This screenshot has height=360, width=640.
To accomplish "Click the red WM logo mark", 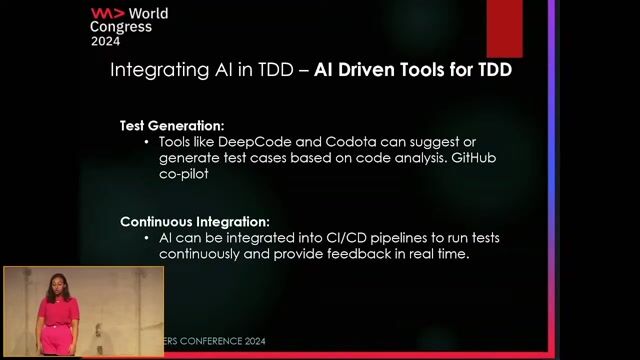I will coord(107,14).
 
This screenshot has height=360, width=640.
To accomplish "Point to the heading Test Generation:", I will coord(172,126).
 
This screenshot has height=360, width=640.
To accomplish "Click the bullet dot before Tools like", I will coord(147,143).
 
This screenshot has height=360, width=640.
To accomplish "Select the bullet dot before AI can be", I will coord(147,238).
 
